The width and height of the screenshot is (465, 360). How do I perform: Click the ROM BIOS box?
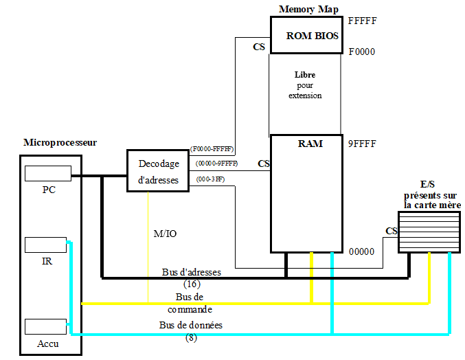coord(306,35)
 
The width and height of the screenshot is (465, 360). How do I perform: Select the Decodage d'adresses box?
coord(158,171)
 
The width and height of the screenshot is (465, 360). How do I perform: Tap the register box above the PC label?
coord(48,174)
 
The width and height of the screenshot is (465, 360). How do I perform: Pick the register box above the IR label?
coord(45,245)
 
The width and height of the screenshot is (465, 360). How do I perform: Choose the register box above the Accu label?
coord(45,327)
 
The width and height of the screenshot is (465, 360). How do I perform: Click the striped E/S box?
coord(429,232)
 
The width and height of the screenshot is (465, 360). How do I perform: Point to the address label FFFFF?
coord(362,21)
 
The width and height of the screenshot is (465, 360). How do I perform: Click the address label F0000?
coord(362,52)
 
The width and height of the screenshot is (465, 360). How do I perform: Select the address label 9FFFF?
coord(362,144)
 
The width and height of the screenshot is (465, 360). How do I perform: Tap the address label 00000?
coord(361,251)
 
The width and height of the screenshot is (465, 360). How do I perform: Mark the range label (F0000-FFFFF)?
coord(212,149)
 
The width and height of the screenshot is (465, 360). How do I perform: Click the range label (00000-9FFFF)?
coord(216,164)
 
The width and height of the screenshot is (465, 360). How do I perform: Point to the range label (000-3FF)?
coord(210,179)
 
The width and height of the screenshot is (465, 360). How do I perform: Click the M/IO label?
coord(165,234)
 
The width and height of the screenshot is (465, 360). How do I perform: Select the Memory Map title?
coord(308,9)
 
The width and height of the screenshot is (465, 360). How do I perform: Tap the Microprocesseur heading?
coord(60,143)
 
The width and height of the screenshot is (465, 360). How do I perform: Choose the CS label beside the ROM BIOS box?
coord(259,47)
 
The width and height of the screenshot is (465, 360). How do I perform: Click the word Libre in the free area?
coord(305,75)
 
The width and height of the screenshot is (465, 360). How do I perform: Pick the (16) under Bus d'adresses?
coord(192,284)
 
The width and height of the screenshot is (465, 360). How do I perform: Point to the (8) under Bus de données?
coord(191,338)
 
